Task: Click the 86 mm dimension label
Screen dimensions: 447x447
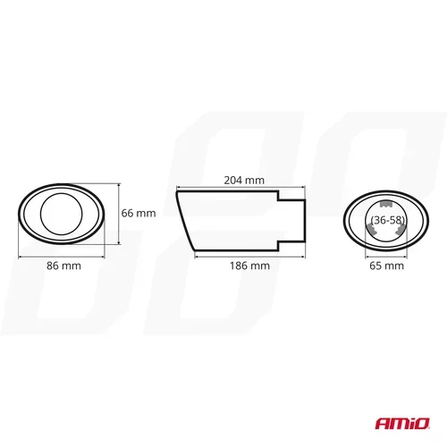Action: pyautogui.click(x=63, y=266)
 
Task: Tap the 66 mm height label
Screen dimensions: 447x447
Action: pyautogui.click(x=139, y=213)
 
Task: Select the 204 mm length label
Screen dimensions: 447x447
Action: pyautogui.click(x=244, y=181)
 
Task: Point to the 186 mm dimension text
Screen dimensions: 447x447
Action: pyautogui.click(x=249, y=266)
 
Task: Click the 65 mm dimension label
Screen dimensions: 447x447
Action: pyautogui.click(x=386, y=266)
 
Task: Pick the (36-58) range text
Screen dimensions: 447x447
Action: pyautogui.click(x=388, y=220)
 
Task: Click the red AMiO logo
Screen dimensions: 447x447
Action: pyautogui.click(x=402, y=424)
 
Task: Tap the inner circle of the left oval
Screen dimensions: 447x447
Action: pyautogui.click(x=62, y=193)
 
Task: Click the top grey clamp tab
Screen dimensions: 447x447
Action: pyautogui.click(x=386, y=204)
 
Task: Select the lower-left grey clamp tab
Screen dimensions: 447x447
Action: pyautogui.click(x=371, y=229)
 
